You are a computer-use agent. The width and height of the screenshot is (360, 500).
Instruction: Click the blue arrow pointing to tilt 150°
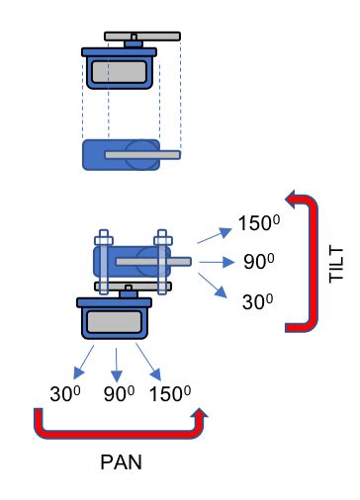210,235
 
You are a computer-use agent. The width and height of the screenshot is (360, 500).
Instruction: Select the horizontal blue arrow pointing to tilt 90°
211,262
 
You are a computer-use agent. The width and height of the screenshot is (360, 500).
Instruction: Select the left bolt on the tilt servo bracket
103,262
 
